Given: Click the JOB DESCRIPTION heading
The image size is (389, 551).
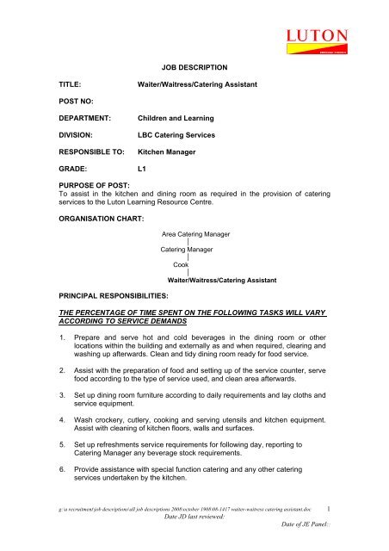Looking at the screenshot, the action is (x=194, y=66).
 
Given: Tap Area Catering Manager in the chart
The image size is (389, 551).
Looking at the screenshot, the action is (x=201, y=233).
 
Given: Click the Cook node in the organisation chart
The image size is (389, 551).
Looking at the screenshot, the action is (x=181, y=264).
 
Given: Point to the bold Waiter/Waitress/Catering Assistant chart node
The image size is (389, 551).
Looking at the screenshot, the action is (x=221, y=281).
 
